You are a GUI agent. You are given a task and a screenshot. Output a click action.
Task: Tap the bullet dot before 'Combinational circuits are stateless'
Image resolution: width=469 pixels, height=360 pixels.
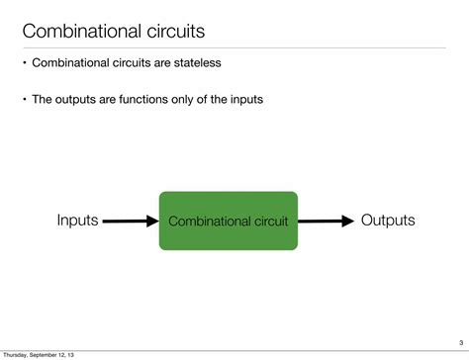click(25, 63)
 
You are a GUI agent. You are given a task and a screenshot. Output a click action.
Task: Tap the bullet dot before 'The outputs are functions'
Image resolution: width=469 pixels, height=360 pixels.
click(25, 99)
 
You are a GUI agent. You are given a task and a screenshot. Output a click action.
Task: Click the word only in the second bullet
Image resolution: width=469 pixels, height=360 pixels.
click(191, 99)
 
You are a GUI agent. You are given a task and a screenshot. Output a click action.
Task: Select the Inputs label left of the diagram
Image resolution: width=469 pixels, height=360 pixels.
click(77, 220)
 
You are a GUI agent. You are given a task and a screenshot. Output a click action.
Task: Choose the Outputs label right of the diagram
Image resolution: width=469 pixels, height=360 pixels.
click(388, 220)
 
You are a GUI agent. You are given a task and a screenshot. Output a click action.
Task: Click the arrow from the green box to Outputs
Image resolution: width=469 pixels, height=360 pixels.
click(327, 221)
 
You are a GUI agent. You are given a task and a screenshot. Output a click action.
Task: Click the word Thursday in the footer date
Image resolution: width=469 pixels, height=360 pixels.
click(15, 354)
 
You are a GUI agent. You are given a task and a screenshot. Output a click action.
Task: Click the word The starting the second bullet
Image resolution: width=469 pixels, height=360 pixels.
click(45, 99)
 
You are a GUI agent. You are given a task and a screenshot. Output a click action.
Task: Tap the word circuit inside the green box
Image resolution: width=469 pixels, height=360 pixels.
click(269, 222)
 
